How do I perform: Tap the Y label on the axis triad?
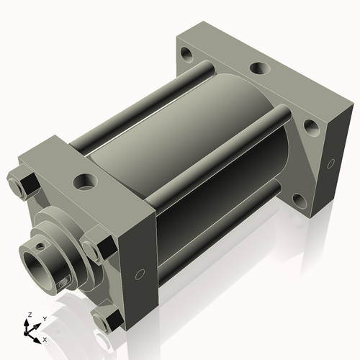pos(44,318)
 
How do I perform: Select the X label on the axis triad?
pos(45,338)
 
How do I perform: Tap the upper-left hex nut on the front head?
pos(23,184)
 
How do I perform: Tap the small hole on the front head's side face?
pos(140,273)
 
